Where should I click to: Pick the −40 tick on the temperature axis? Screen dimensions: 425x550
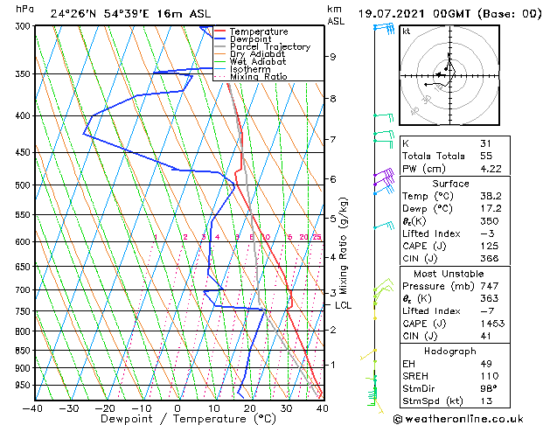click(33, 408)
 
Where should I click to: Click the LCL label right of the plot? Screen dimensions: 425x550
click(343, 305)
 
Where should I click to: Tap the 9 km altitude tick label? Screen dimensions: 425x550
click(333, 57)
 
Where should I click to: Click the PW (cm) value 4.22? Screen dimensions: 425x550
click(491, 170)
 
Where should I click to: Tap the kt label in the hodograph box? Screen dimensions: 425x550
click(407, 31)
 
